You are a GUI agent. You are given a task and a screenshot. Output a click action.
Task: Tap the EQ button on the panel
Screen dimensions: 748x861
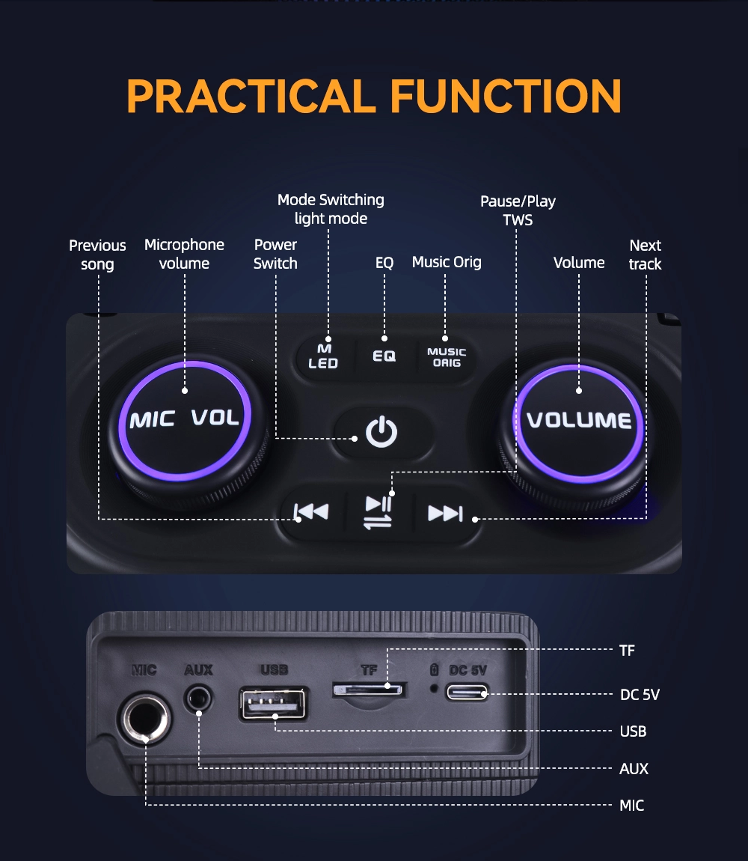pyautogui.click(x=384, y=356)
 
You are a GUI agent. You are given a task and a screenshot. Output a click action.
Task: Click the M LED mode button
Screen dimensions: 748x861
pyautogui.click(x=324, y=356)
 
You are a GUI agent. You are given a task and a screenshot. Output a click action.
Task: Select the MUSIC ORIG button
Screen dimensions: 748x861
pyautogui.click(x=446, y=357)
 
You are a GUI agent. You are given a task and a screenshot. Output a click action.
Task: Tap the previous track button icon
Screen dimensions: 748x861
pyautogui.click(x=311, y=512)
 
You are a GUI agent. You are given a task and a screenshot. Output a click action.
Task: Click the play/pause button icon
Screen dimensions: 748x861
pyautogui.click(x=378, y=512)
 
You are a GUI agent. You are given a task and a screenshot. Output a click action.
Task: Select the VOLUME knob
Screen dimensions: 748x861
pyautogui.click(x=578, y=423)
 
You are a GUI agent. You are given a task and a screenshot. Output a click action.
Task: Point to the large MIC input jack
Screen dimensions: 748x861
pyautogui.click(x=144, y=718)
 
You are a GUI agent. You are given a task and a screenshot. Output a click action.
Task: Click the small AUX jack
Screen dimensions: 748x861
pyautogui.click(x=198, y=699)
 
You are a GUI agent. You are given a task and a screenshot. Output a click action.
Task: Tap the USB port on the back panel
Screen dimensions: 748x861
pyautogui.click(x=273, y=704)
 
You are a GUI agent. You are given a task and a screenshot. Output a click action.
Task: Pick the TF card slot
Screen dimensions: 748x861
pyautogui.click(x=369, y=690)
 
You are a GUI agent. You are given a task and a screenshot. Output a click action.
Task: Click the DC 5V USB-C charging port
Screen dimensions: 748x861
pyautogui.click(x=467, y=692)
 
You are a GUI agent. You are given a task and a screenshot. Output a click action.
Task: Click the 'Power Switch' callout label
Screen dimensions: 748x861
pyautogui.click(x=275, y=254)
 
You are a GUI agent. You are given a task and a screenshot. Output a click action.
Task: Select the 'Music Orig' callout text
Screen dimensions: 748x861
pyautogui.click(x=447, y=262)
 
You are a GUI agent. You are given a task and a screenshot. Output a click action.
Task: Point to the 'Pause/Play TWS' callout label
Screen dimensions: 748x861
pyautogui.click(x=518, y=210)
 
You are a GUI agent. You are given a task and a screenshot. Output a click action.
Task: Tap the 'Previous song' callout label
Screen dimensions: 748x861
pyautogui.click(x=98, y=255)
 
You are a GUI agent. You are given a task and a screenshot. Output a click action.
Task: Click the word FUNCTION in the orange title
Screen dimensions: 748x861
pyautogui.click(x=506, y=96)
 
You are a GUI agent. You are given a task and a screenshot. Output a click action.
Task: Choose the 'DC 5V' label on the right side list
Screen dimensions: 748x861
pyautogui.click(x=640, y=695)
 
